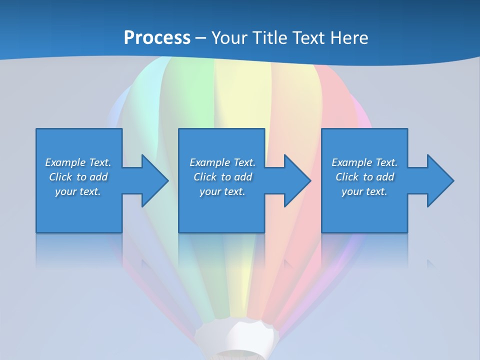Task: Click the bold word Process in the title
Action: (157, 38)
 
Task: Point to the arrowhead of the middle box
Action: (297, 180)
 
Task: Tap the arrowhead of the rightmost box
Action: (440, 180)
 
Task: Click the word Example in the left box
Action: (65, 162)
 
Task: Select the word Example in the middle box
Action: (210, 162)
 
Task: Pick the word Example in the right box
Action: (352, 162)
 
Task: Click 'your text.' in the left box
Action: (78, 191)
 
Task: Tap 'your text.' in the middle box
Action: (222, 191)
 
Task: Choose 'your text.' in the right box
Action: (364, 191)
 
